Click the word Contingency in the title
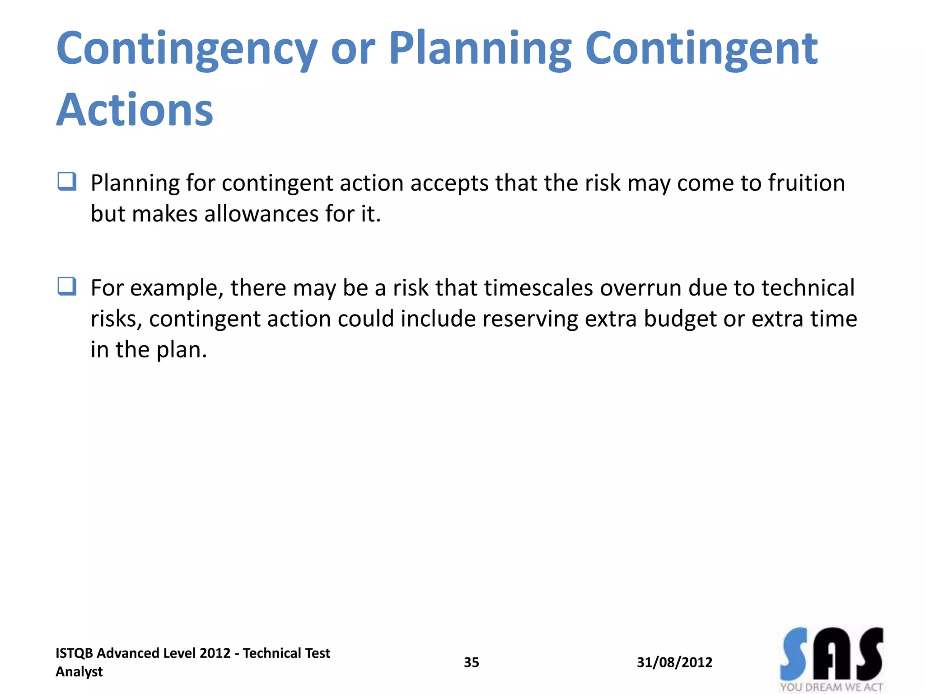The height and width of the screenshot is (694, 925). pos(187,49)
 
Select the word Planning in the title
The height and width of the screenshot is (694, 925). pos(480,49)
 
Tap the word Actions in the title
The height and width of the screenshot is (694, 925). pos(135,110)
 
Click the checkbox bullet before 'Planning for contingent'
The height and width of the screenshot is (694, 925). pos(67,182)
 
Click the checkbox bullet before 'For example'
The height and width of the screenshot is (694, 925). pos(67,286)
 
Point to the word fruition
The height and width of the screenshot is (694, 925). pos(806,183)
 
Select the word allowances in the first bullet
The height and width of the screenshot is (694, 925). pos(261,214)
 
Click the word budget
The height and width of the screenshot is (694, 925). pos(680,319)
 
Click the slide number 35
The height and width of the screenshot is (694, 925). pos(471,662)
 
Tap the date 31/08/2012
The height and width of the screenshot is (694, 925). pos(674,662)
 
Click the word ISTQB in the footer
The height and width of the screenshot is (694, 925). pos(74,653)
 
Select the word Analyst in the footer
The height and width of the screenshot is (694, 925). pos(79,672)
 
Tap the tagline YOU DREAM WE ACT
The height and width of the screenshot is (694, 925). pos(831,687)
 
